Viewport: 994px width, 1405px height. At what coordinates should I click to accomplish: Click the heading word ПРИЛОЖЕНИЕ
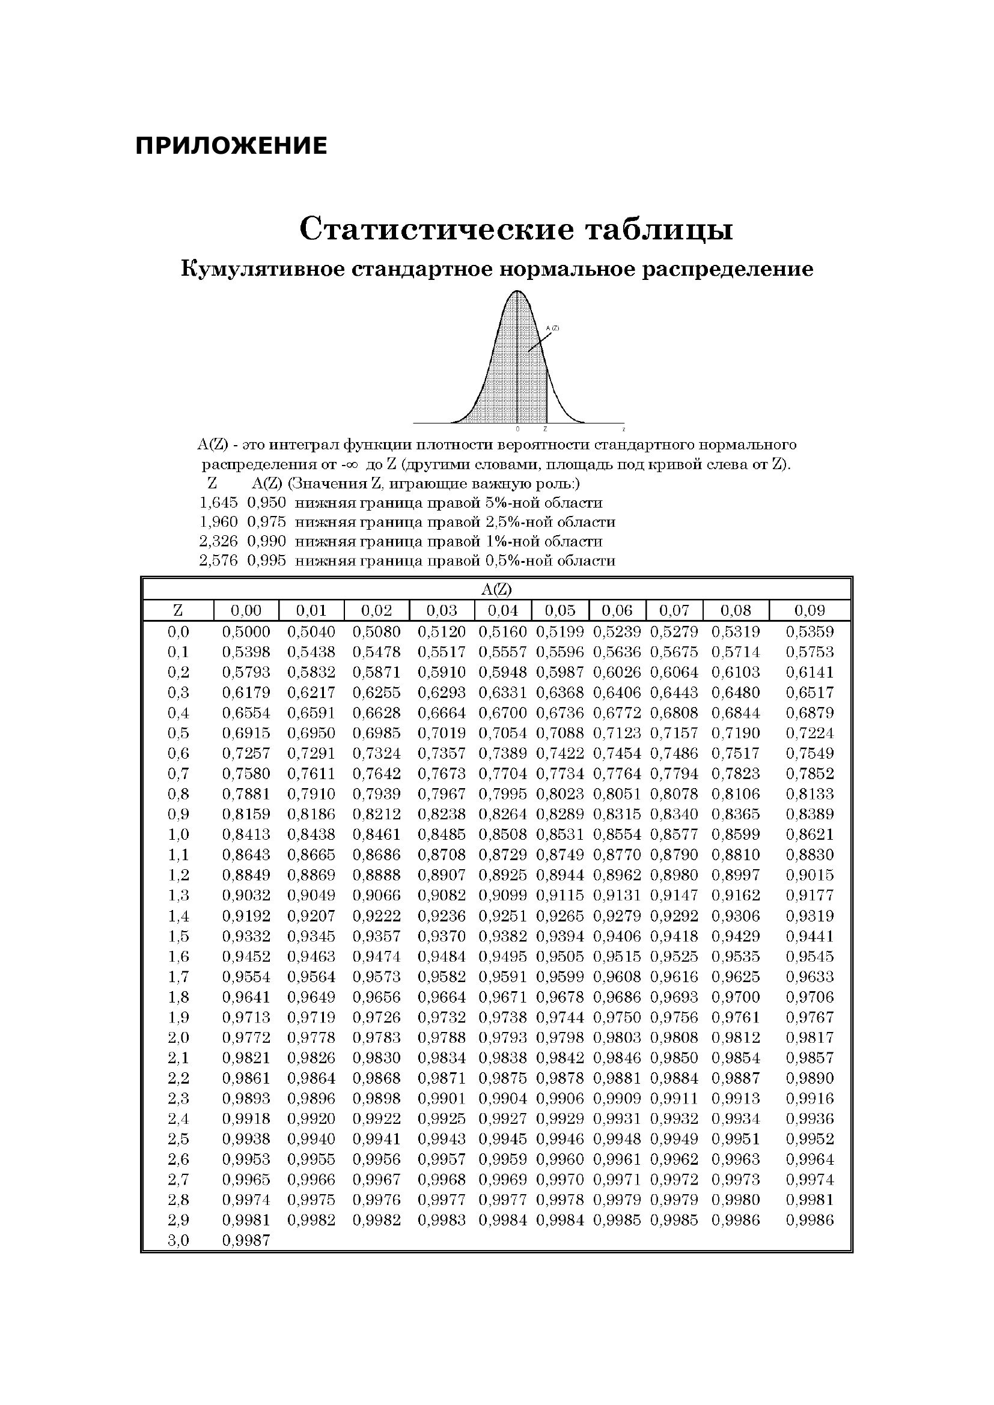point(231,146)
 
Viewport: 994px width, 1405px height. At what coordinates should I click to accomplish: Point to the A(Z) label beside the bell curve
point(552,328)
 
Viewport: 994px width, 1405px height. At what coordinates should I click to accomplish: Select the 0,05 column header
point(560,610)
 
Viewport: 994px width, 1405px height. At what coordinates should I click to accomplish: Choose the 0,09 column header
point(809,610)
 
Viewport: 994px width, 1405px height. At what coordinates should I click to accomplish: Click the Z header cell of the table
point(178,610)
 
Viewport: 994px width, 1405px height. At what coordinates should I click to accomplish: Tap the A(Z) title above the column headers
point(496,589)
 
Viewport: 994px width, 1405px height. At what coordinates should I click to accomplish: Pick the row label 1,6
point(178,956)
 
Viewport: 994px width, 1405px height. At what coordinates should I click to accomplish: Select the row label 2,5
point(178,1139)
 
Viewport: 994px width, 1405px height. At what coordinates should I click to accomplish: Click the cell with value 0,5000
point(246,631)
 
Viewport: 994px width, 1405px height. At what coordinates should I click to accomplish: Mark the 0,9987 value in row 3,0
point(246,1240)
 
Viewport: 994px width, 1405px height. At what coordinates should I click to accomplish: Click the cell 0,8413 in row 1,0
point(246,835)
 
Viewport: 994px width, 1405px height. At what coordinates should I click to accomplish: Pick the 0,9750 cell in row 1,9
point(617,1018)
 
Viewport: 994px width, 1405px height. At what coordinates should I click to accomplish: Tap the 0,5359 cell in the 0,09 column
point(809,631)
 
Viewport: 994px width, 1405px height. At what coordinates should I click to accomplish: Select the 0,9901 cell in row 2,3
point(441,1099)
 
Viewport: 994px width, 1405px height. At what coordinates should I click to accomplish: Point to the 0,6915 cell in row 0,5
point(246,733)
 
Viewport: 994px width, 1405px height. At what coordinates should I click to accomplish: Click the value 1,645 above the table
point(219,503)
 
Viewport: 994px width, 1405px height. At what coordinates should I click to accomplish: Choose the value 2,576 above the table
point(219,560)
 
